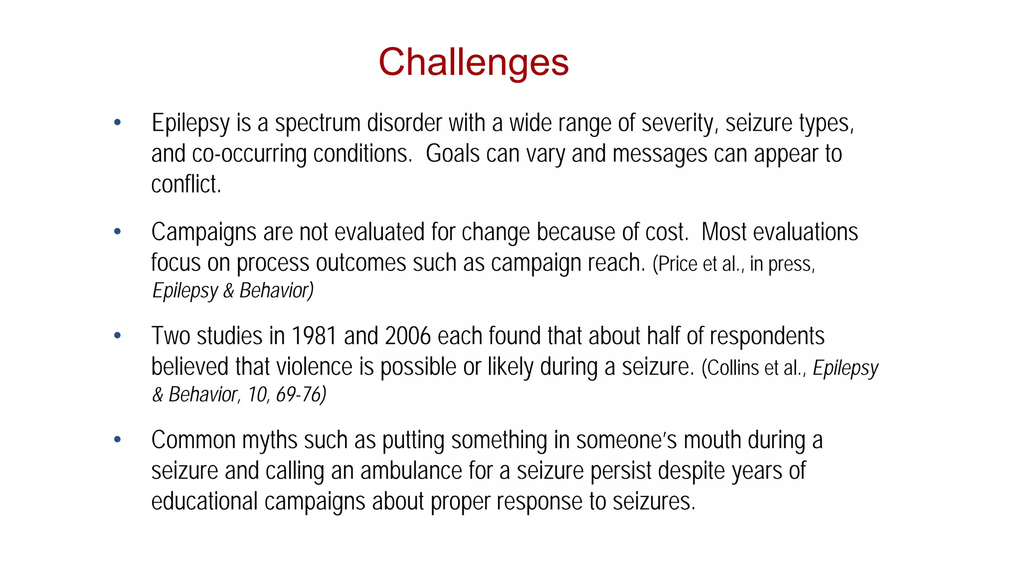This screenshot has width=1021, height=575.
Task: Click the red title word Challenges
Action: [473, 62]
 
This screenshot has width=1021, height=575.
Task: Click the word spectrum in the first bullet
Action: [318, 123]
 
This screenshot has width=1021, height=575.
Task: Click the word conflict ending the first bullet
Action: [185, 184]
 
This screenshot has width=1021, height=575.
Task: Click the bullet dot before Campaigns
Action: [118, 231]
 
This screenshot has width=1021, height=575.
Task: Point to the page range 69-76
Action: [301, 394]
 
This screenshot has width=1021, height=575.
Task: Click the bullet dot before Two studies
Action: [118, 335]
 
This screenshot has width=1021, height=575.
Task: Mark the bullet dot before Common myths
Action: [118, 440]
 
